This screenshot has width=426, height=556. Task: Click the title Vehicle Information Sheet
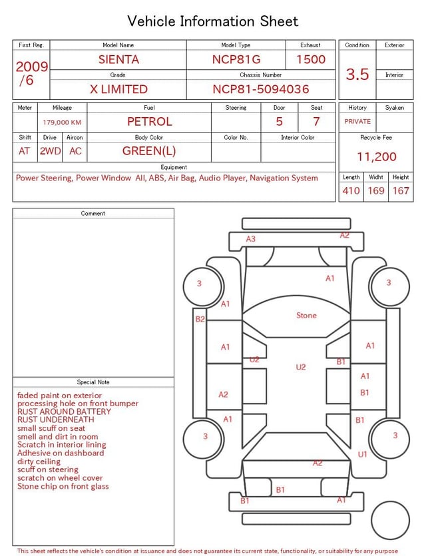(x=213, y=21)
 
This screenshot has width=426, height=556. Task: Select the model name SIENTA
(x=118, y=59)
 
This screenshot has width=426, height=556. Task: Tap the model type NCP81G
(x=236, y=59)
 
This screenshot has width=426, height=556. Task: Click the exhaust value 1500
(x=311, y=59)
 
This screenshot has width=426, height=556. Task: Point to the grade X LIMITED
(x=118, y=89)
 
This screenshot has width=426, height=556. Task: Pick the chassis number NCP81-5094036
(x=261, y=89)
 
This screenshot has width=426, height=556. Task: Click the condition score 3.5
(x=357, y=74)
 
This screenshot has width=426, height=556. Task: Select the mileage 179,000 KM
(x=62, y=123)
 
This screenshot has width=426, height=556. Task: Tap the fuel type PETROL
(x=150, y=122)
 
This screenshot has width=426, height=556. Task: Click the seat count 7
(x=316, y=122)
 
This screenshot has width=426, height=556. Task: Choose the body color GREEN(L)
(x=149, y=151)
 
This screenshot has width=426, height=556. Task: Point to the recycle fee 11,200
(x=377, y=157)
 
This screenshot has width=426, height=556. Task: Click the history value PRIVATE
(x=357, y=122)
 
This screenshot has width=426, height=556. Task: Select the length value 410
(x=351, y=191)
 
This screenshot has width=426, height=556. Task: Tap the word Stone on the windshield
(x=306, y=315)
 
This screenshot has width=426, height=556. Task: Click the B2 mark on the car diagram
(x=200, y=320)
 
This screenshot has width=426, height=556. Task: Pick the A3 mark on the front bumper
(x=251, y=239)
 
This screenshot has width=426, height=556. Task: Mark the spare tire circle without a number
(x=390, y=520)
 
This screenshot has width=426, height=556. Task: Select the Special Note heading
(x=93, y=382)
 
